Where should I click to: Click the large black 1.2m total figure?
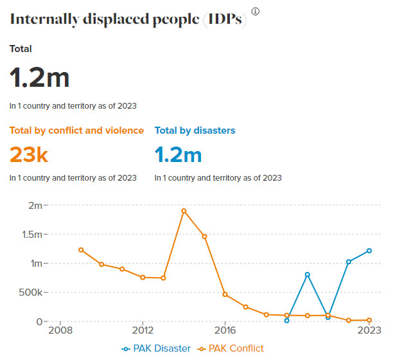pos(39,78)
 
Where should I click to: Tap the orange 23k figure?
pos(29,154)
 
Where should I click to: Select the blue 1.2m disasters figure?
pos(178,154)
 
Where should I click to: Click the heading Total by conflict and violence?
pos(76,130)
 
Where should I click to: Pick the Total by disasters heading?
pos(195,130)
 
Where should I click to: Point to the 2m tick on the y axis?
pos(34,206)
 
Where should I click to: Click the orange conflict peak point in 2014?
pos(184,211)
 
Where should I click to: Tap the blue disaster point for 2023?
pos(369,251)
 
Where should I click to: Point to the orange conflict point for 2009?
pos(81,250)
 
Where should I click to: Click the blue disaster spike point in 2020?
pos(308,274)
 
